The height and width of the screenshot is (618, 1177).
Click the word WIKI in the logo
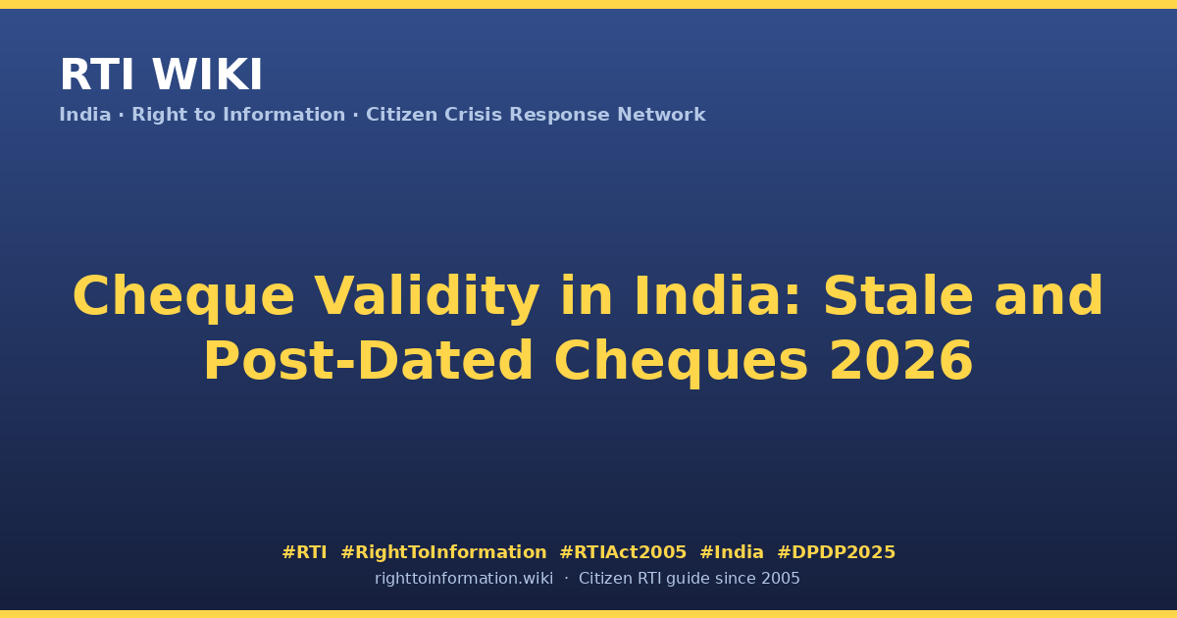(x=207, y=75)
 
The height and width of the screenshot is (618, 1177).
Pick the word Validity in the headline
(x=427, y=296)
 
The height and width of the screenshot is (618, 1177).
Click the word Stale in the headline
(x=898, y=296)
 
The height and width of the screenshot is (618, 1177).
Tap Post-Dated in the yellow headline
(x=369, y=361)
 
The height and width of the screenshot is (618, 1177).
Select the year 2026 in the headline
(x=901, y=361)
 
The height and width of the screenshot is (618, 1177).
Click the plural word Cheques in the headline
(x=681, y=362)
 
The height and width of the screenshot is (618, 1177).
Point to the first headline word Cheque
(x=183, y=297)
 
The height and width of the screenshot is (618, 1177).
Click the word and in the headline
(x=1049, y=296)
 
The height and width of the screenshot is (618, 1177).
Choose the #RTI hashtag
(x=304, y=552)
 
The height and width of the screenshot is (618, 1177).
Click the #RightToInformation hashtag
(x=443, y=552)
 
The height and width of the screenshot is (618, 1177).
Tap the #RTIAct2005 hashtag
(x=623, y=552)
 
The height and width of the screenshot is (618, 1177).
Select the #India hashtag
(x=732, y=552)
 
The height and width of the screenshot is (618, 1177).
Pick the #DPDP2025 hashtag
(x=836, y=552)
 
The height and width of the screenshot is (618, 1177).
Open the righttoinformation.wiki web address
(x=464, y=579)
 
